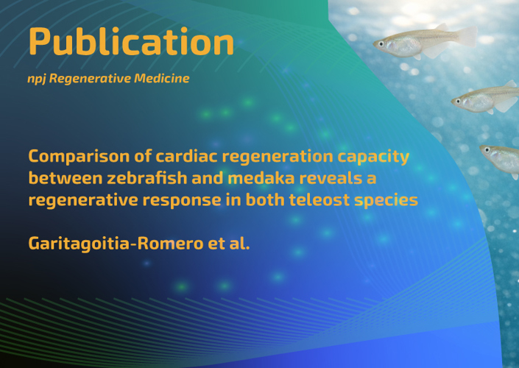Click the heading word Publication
(131, 43)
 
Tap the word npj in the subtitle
(36, 79)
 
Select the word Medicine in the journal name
(161, 78)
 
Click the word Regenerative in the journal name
(90, 79)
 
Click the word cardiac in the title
(186, 156)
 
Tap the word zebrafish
(147, 178)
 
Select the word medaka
(261, 178)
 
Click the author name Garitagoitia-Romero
(116, 244)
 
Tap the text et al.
(229, 244)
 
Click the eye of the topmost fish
(381, 43)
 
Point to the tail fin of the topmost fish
(467, 36)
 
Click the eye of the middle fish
(459, 101)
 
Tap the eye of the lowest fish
(487, 149)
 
